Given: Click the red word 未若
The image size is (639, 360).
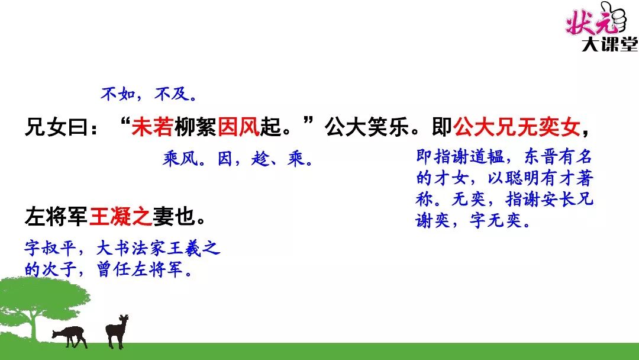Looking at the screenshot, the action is (x=153, y=127).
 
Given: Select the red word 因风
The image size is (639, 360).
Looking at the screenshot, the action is (x=238, y=127).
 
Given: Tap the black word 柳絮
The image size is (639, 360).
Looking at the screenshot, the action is (x=195, y=127).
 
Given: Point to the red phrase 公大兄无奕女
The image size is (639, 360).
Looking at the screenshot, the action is (x=517, y=127).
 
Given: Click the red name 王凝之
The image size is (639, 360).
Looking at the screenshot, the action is (x=120, y=216).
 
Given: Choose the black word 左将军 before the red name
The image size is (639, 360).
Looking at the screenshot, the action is (x=56, y=216).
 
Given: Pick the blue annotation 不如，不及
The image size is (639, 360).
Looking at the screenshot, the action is (x=149, y=94).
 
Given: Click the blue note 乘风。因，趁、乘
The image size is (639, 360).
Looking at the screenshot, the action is (x=238, y=159).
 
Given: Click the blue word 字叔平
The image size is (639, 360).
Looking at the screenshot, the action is (x=50, y=249).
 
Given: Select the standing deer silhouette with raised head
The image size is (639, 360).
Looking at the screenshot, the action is (x=117, y=331).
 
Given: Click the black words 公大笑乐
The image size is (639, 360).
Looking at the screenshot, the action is (x=367, y=127).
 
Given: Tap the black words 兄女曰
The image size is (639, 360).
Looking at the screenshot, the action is (x=56, y=127).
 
